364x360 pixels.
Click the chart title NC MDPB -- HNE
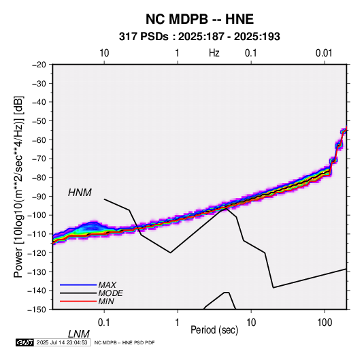tap(199, 19)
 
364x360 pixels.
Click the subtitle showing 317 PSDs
tap(199, 37)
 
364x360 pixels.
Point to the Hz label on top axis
tap(214, 53)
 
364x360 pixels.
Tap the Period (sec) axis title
tap(214, 330)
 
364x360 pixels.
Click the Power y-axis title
tap(18, 187)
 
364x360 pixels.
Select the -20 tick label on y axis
tap(39, 65)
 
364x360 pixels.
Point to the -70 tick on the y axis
tap(39, 159)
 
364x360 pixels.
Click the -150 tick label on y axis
tap(37, 310)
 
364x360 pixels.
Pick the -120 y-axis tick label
tap(37, 252)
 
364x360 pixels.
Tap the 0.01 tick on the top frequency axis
tap(324, 53)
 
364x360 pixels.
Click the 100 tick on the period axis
tap(325, 323)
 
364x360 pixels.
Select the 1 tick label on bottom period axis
tap(178, 323)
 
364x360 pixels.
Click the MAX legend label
tap(107, 285)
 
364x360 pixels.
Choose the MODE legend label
tap(110, 293)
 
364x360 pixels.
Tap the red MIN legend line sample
tap(78, 301)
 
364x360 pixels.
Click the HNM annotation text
tap(80, 193)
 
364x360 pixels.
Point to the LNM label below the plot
tap(79, 334)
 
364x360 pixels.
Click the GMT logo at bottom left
tap(25, 342)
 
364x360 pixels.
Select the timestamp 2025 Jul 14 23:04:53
tap(62, 342)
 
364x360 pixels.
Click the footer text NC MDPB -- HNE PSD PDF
tap(125, 342)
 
